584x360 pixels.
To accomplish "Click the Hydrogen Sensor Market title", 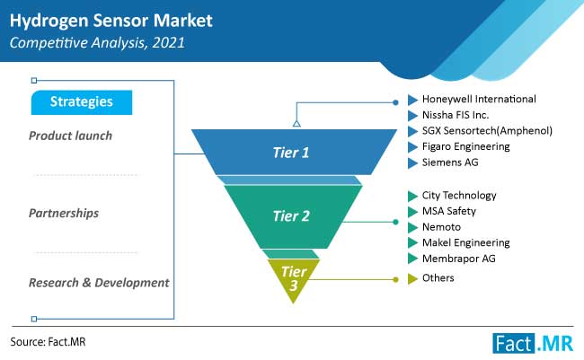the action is click(111, 21).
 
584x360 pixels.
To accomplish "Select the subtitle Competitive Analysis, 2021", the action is click(97, 43).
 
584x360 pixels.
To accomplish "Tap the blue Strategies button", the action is click(82, 102).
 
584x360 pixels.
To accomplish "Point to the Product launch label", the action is click(70, 136).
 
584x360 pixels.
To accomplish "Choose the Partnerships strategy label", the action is click(64, 213).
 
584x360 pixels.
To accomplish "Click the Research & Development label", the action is click(99, 283).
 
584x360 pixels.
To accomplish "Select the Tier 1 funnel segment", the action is click(294, 152).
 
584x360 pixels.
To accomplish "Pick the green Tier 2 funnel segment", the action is click(293, 216).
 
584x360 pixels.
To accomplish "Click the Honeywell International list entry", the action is click(479, 99).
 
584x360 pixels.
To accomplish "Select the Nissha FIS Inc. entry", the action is click(456, 115).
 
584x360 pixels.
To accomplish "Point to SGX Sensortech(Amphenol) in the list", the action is click(487, 131).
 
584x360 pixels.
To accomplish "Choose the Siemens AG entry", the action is click(450, 162).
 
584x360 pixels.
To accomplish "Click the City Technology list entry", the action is click(459, 196).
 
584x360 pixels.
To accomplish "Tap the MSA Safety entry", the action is click(449, 211).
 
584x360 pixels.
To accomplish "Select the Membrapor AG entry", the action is click(459, 259).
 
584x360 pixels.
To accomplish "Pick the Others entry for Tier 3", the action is click(438, 278).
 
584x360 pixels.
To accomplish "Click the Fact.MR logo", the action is click(533, 343).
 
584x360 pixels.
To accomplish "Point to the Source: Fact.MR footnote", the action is click(48, 342).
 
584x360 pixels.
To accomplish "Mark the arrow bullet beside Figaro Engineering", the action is click(412, 147).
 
